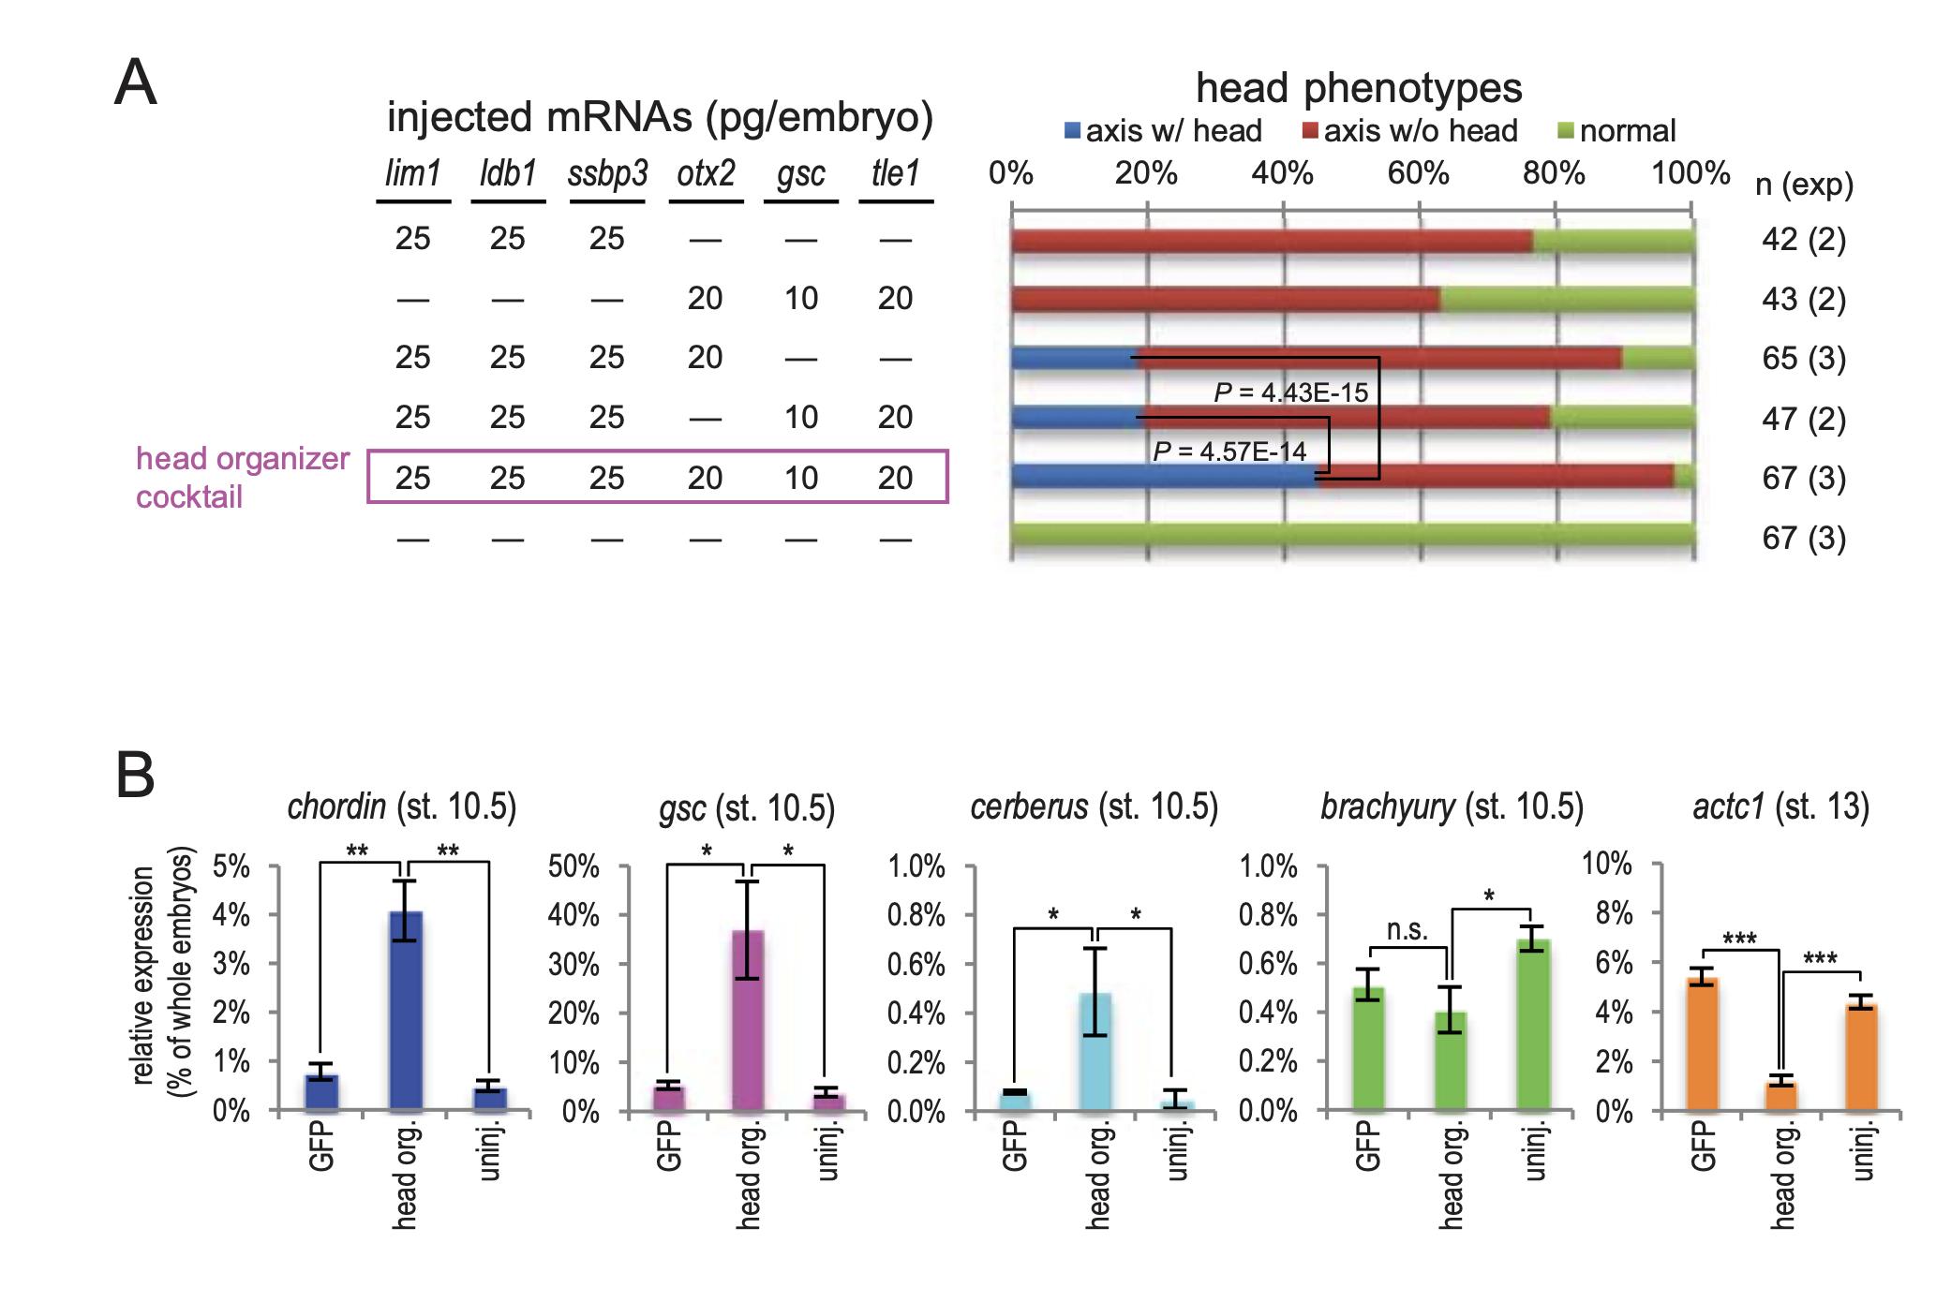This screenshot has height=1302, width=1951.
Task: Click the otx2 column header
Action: (706, 174)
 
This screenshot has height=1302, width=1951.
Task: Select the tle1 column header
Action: (895, 174)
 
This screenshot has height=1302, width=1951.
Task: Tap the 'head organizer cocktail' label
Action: (242, 477)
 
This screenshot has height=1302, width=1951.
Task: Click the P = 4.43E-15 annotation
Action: (1290, 392)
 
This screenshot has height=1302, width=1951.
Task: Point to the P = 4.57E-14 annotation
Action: (1229, 451)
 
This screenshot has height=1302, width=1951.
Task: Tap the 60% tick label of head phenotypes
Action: (1418, 173)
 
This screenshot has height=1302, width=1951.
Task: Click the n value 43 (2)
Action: (1803, 299)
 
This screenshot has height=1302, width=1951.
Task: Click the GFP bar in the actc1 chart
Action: (1702, 1043)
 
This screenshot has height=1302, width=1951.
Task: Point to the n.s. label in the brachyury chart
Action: (1407, 930)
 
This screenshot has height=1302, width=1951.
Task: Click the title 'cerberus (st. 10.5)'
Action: (1094, 806)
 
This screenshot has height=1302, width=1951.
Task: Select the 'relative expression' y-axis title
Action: (142, 974)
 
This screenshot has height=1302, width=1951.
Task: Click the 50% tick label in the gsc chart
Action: (573, 866)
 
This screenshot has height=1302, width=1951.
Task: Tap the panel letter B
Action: (135, 776)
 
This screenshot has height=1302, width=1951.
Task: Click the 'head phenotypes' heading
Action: (1359, 88)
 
